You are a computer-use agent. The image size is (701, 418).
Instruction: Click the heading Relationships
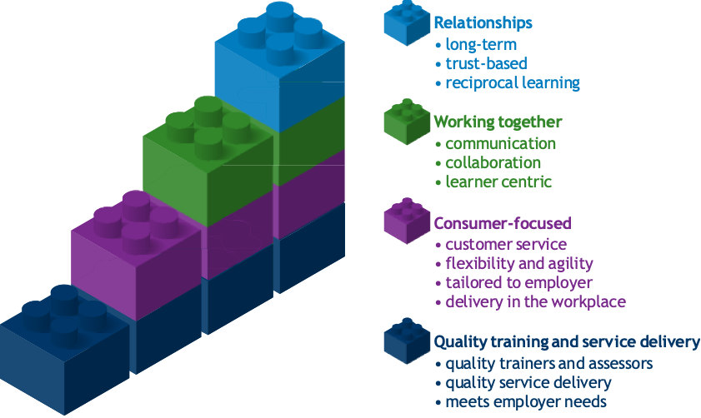point(483,22)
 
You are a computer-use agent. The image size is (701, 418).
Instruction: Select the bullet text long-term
point(481,44)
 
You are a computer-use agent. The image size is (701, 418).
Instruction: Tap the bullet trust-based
point(486,63)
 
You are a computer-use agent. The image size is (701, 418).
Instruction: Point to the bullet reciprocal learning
point(513,83)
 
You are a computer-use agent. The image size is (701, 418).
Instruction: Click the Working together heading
point(498,122)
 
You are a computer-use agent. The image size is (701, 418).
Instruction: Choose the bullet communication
point(500,144)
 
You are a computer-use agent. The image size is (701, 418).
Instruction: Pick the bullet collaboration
point(493,163)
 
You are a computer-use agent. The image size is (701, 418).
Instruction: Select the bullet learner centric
point(498,182)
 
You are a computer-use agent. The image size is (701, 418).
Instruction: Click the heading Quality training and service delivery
point(566,342)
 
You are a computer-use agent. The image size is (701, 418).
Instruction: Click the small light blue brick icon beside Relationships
point(406,22)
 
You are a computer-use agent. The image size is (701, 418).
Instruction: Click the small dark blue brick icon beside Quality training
point(406,341)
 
